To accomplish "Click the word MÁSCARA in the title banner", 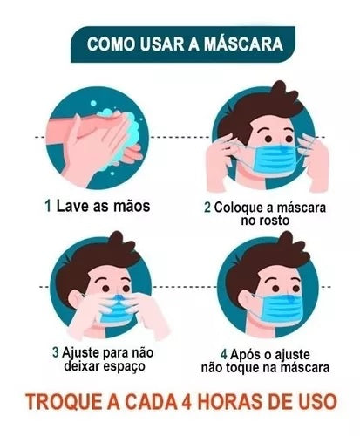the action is coord(243,44).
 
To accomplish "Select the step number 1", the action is coord(48,206).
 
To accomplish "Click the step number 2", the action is coord(207,208).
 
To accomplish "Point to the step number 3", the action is coord(56,352).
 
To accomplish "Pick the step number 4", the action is coord(224,354).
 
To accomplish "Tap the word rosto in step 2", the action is coord(272,221).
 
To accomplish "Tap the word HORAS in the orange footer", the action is coord(235,402).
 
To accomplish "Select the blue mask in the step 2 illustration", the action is coord(275,160).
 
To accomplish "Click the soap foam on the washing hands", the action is coord(125,128).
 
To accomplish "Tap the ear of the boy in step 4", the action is coord(247,300).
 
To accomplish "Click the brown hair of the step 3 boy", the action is coord(93,262).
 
